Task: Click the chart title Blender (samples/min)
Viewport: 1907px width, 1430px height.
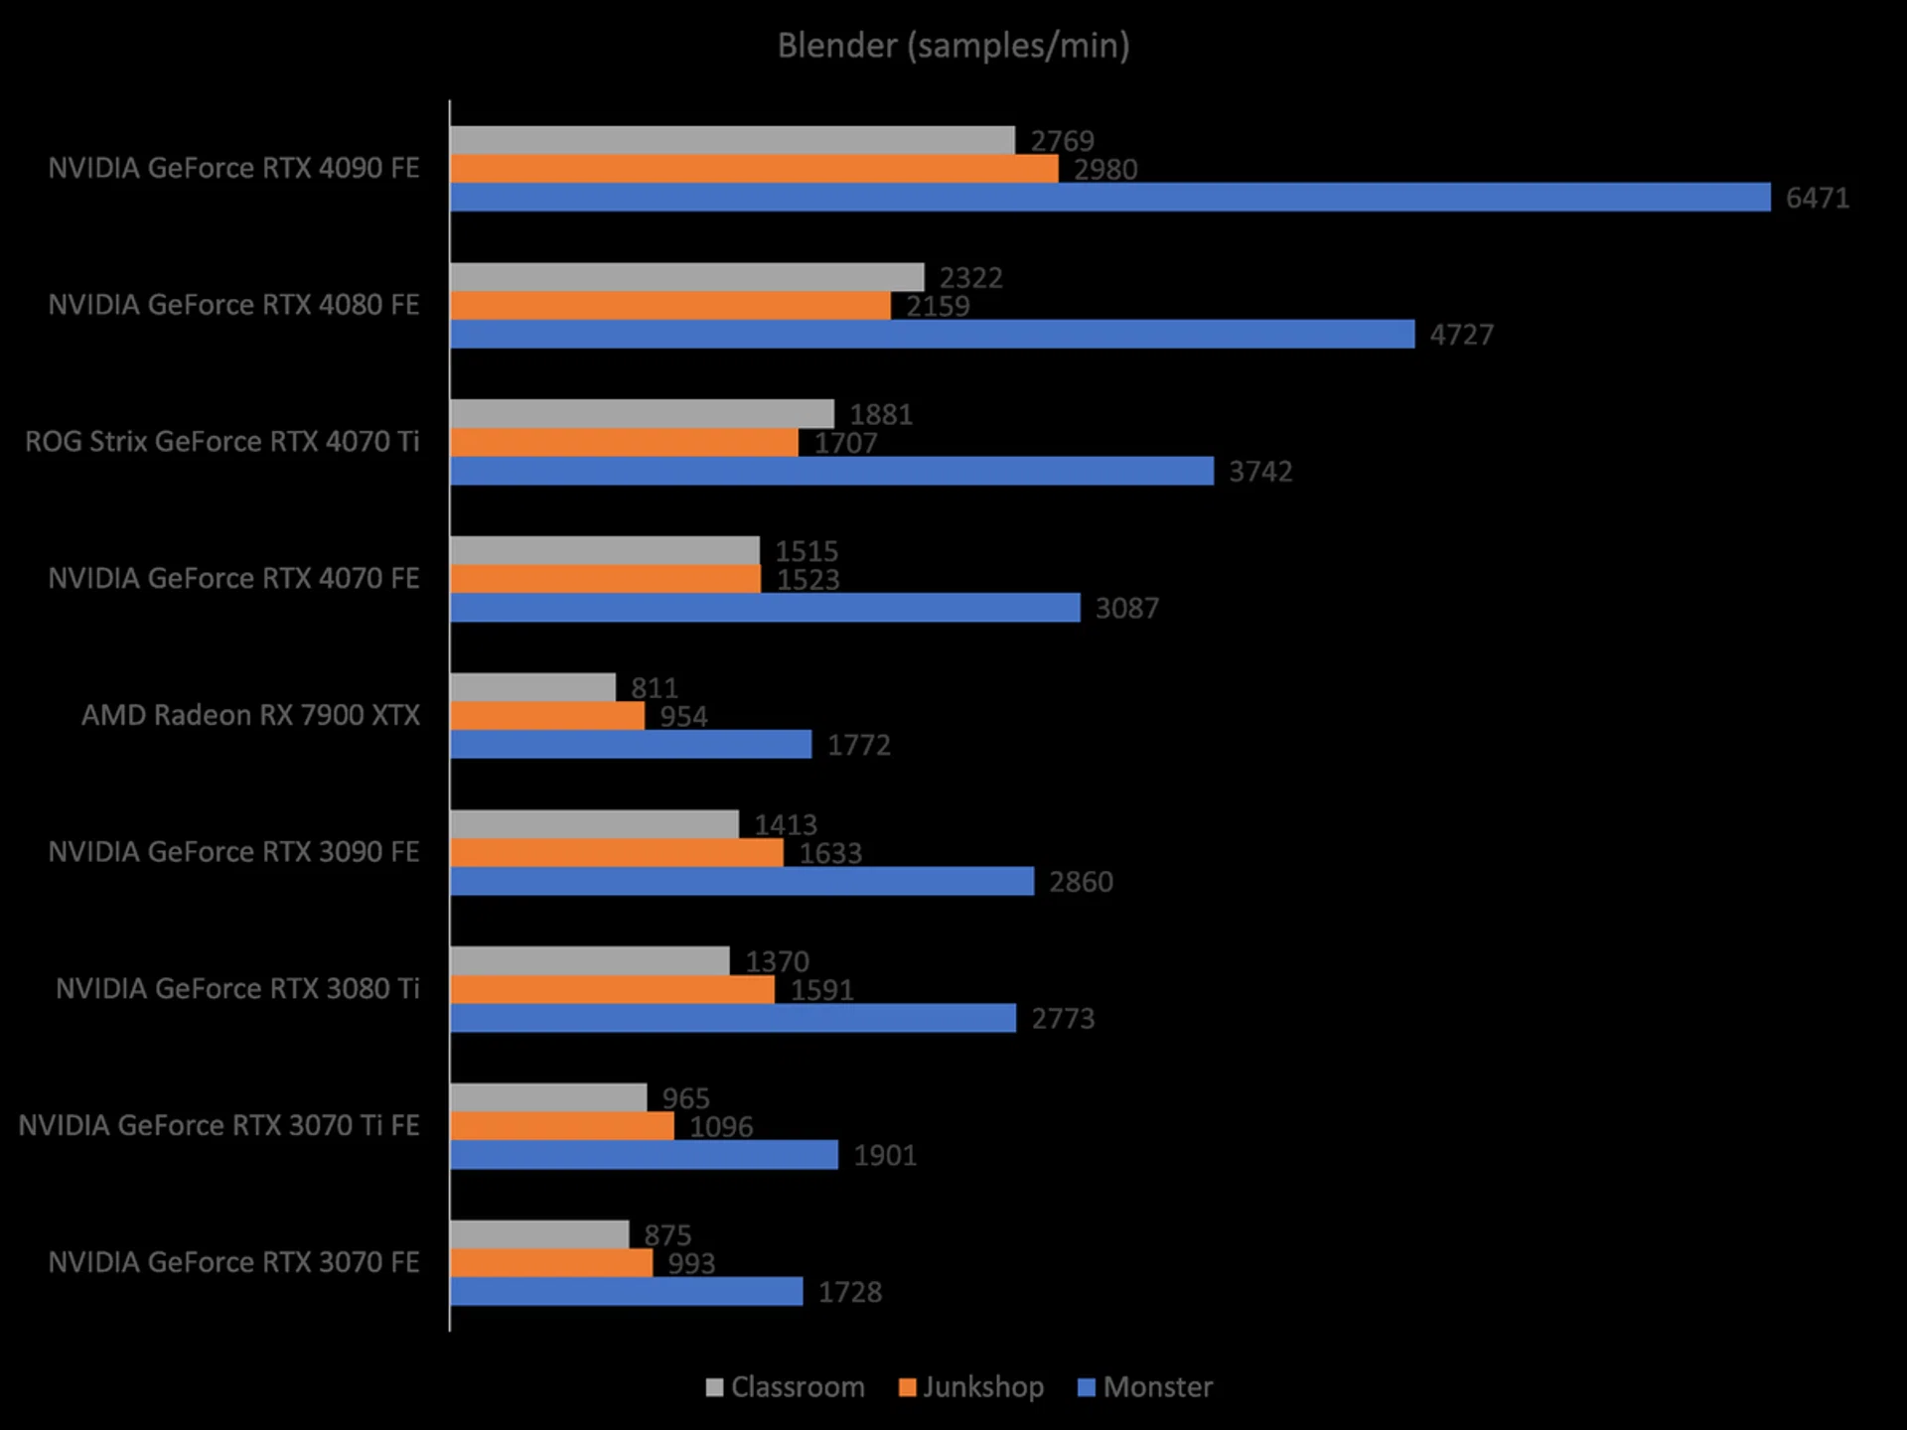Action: (953, 46)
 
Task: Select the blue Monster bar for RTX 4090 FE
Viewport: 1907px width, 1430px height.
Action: (1109, 197)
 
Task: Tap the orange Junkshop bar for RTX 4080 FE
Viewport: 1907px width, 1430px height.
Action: (670, 306)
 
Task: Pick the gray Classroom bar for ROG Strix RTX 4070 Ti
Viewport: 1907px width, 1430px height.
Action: (642, 413)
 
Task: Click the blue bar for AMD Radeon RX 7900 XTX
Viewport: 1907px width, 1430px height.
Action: (631, 745)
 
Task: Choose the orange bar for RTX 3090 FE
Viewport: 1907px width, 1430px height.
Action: (617, 853)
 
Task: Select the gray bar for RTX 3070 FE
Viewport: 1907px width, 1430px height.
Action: (539, 1234)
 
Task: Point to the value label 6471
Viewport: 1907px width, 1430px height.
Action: (1817, 198)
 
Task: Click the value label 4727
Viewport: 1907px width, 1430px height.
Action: (1461, 335)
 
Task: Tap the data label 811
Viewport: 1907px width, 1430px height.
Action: (654, 687)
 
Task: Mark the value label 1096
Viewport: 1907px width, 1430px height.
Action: (721, 1127)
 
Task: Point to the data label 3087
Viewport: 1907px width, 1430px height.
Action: (1126, 608)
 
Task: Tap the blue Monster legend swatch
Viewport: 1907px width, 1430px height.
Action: (1087, 1387)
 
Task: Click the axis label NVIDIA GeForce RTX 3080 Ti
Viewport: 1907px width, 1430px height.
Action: (237, 989)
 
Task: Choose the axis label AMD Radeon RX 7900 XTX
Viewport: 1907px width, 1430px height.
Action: (250, 715)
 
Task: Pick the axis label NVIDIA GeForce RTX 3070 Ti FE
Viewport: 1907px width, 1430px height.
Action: (219, 1125)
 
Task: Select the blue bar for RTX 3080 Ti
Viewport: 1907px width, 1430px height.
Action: (733, 1018)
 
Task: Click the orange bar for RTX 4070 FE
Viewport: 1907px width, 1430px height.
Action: (606, 579)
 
